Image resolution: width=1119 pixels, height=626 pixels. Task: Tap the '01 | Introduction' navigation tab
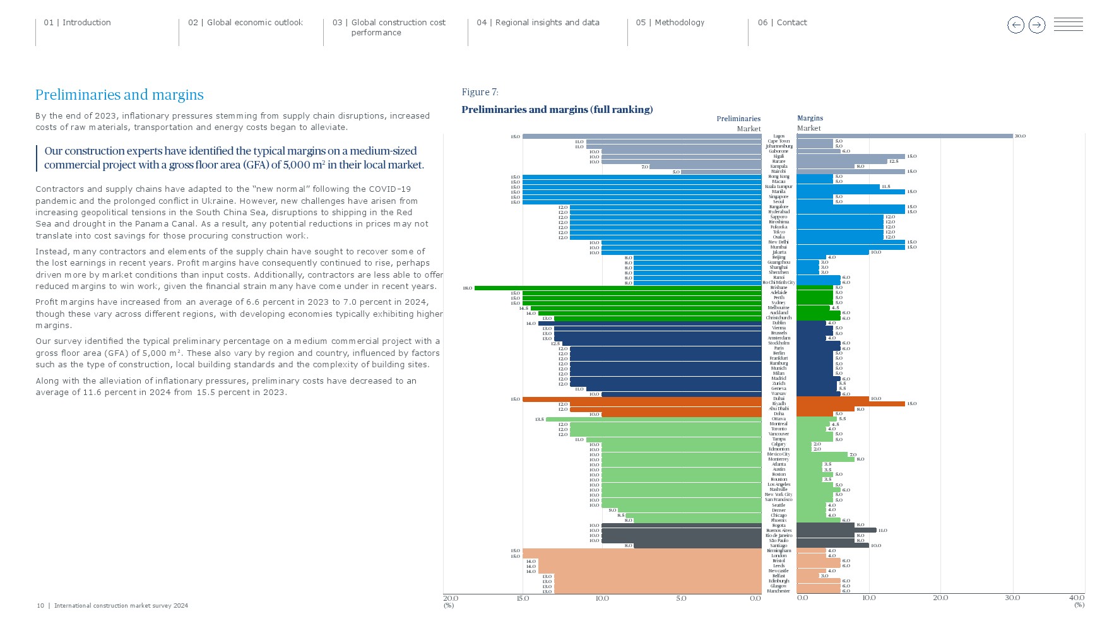pos(77,23)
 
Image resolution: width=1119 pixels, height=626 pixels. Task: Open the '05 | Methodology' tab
pos(670,23)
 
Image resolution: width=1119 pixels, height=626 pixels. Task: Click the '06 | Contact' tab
pos(782,23)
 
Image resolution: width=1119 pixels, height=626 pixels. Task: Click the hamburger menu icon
pos(1068,25)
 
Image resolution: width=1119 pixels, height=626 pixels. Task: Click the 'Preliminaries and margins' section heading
pos(119,95)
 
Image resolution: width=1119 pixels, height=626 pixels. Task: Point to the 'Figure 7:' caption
pos(480,92)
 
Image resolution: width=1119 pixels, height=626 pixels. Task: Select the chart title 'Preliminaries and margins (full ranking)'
pos(557,109)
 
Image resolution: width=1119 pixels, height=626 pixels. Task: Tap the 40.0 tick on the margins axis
pos(1076,598)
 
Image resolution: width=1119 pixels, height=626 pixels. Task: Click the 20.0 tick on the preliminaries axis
pos(451,598)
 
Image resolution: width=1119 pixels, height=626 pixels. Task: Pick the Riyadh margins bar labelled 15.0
pos(851,404)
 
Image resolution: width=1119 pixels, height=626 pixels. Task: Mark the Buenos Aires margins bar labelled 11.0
pos(836,530)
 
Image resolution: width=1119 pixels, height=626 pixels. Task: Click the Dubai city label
pos(779,399)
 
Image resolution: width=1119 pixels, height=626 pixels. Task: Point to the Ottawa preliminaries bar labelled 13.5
pos(653,419)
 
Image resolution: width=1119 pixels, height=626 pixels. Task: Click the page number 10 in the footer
pos(40,606)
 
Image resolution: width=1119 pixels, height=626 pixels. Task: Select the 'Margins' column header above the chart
pos(810,118)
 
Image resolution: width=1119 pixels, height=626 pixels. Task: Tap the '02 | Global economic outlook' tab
pos(245,23)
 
